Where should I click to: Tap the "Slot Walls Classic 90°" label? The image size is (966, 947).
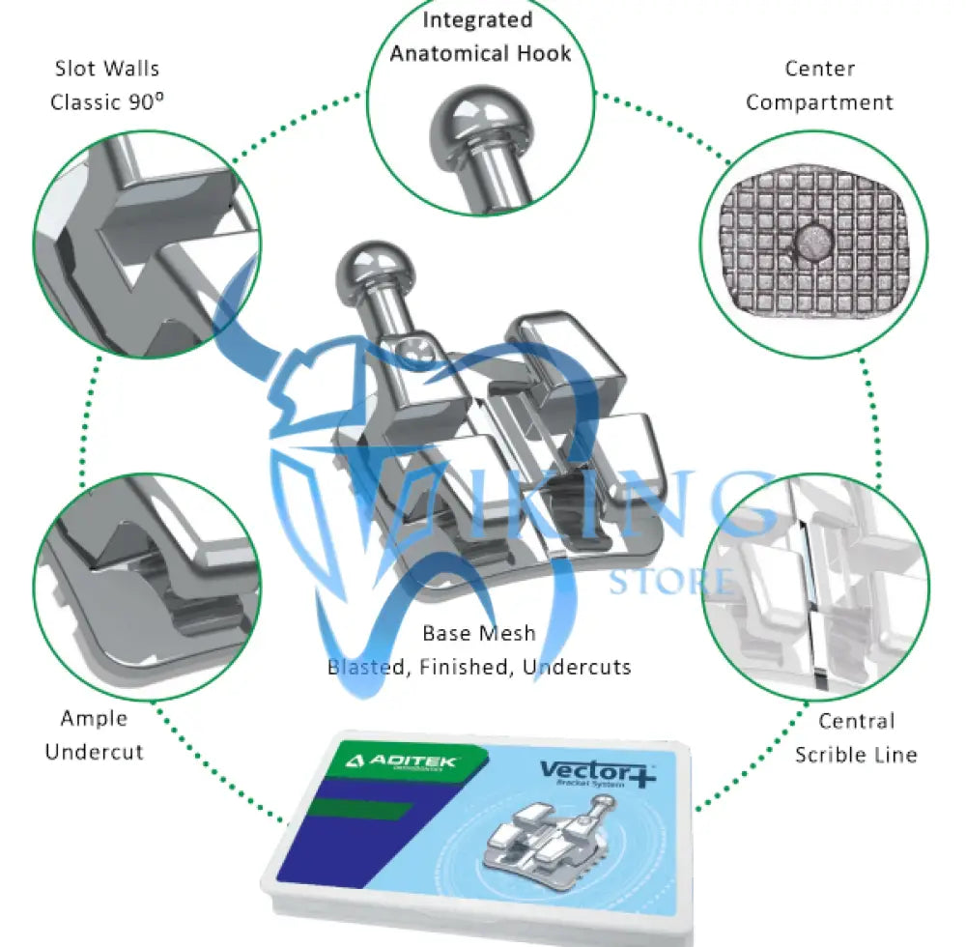pyautogui.click(x=105, y=85)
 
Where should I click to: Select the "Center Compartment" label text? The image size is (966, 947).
pyautogui.click(x=819, y=85)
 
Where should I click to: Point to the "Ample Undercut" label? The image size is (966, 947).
pyautogui.click(x=94, y=734)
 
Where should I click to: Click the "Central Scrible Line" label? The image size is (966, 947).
pyautogui.click(x=856, y=737)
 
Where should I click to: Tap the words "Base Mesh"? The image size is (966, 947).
pyautogui.click(x=479, y=634)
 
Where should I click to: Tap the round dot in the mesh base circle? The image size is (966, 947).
pyautogui.click(x=810, y=244)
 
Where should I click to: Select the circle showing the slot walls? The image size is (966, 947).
pyautogui.click(x=147, y=244)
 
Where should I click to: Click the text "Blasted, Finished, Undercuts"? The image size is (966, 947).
pyautogui.click(x=479, y=667)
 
